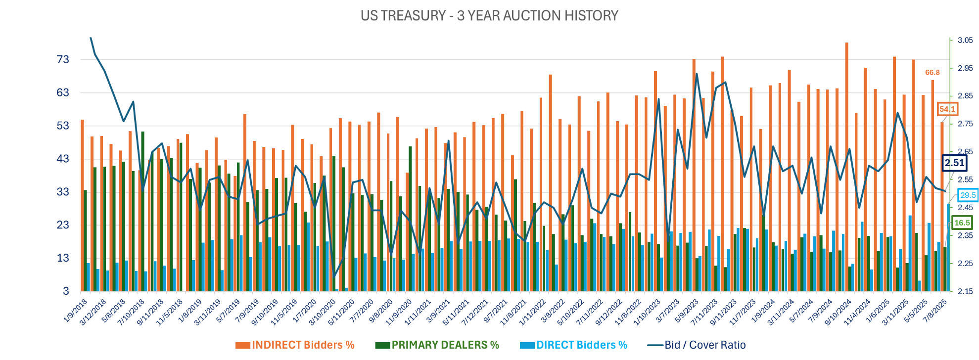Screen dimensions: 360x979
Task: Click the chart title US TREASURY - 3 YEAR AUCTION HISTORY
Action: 489,16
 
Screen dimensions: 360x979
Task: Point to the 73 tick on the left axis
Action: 63,60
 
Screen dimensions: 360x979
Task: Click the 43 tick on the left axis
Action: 63,159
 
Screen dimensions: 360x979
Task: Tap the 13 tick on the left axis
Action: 63,258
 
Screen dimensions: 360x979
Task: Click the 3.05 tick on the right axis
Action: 965,41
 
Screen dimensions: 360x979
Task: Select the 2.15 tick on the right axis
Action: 965,291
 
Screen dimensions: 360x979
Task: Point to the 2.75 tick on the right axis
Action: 965,124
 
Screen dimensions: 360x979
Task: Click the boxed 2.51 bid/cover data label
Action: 954,163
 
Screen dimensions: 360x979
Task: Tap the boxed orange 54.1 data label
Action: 947,109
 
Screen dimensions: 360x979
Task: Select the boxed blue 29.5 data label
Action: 968,195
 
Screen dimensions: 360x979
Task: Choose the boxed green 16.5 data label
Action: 962,223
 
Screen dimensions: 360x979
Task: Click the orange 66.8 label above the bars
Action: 932,73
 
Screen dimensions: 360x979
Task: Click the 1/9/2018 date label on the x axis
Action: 76,311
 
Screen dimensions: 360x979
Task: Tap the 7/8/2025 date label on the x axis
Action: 935,311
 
